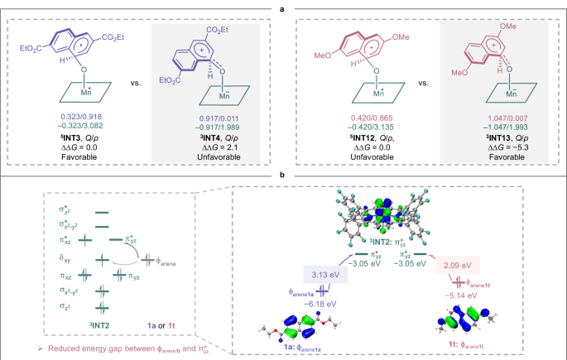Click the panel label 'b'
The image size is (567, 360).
coord(283,176)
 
